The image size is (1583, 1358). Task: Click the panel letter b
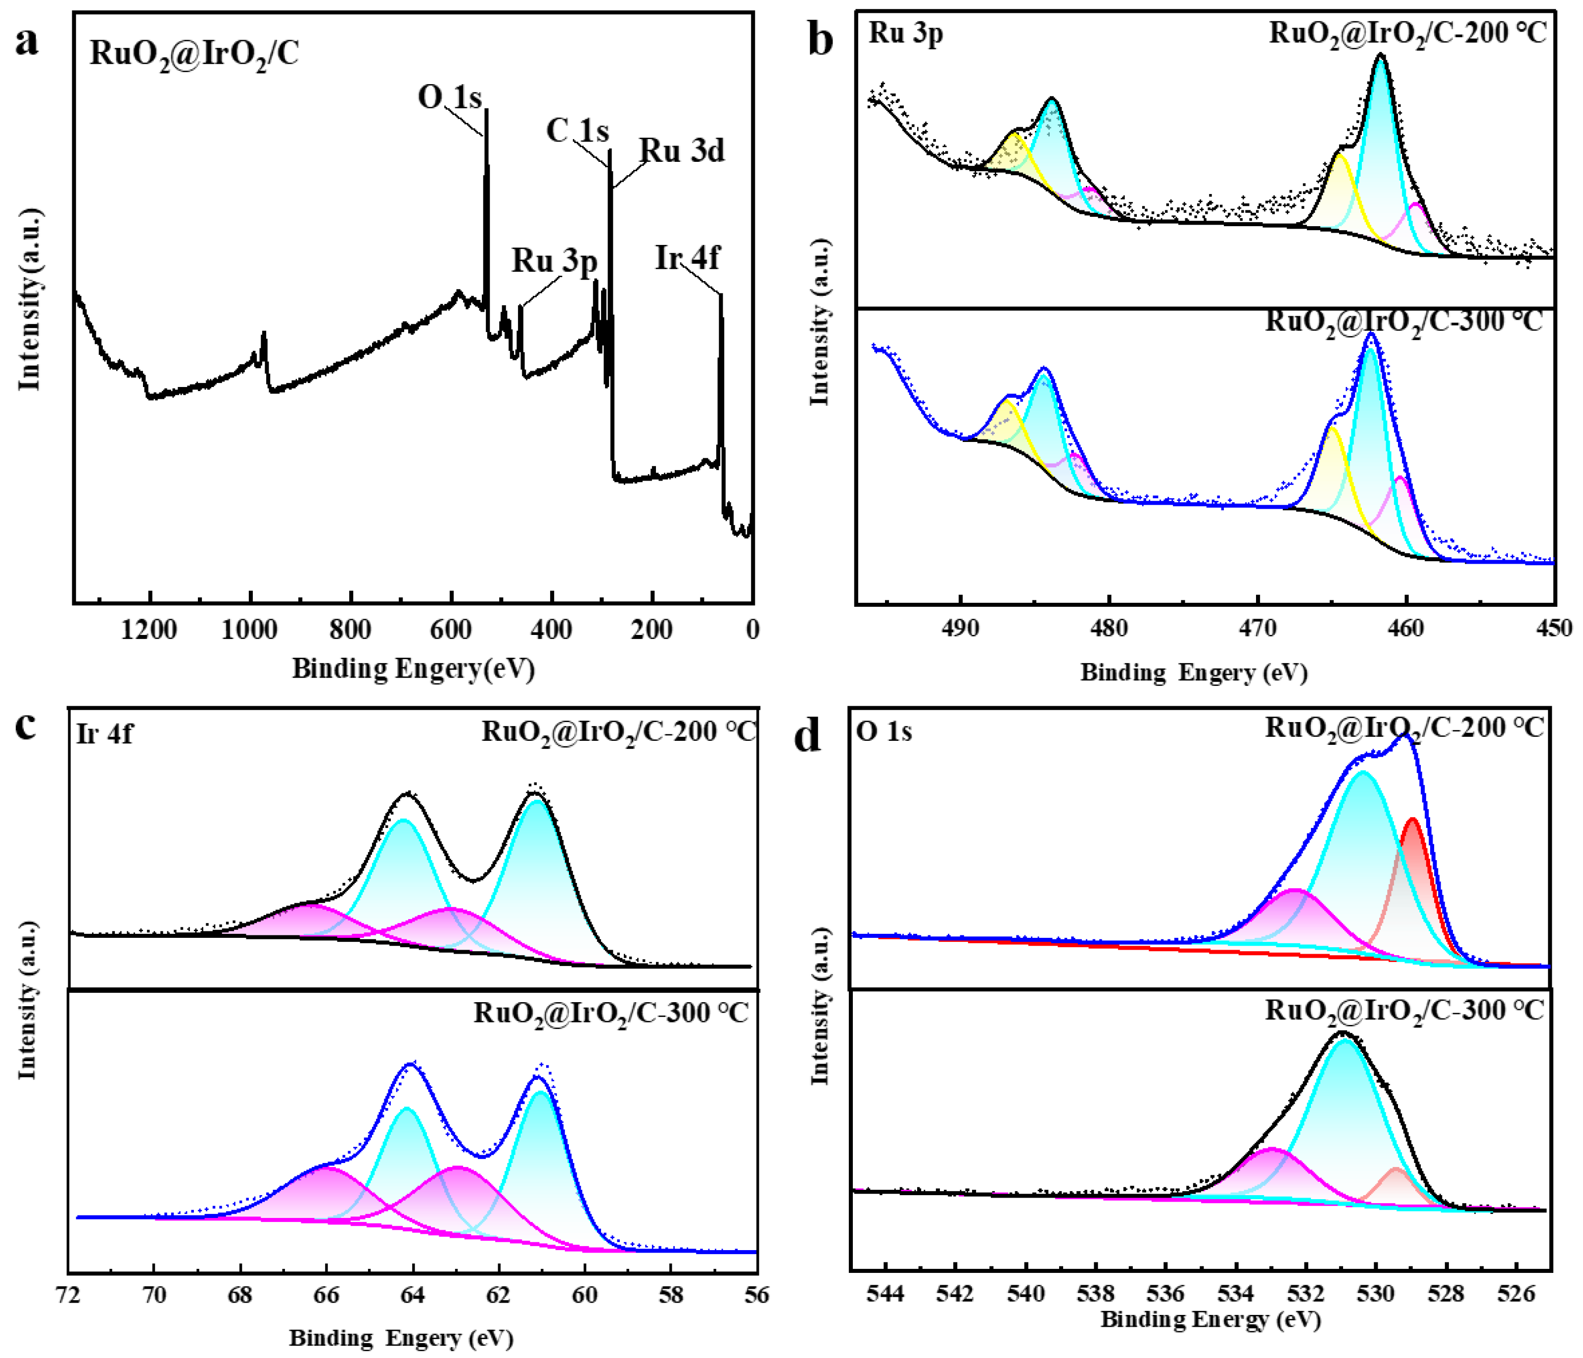[821, 40]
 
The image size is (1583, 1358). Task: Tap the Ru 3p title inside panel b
[905, 34]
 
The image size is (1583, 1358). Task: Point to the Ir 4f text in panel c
[104, 733]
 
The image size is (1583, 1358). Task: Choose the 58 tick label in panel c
[671, 1295]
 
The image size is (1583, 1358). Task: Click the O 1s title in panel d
[884, 731]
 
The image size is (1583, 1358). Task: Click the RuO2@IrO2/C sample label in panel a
[194, 53]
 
